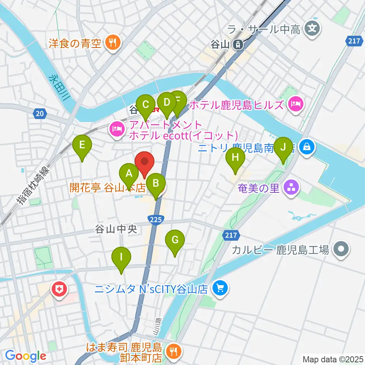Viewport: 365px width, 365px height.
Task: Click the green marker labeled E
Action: coord(83,145)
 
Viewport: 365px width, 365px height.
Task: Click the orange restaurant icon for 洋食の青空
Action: coord(112,42)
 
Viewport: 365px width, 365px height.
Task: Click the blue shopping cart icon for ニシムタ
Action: coord(219,289)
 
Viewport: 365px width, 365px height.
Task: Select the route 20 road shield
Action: coord(40,113)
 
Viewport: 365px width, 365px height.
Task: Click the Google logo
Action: coord(25,356)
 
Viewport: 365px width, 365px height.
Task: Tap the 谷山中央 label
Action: coord(113,229)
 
